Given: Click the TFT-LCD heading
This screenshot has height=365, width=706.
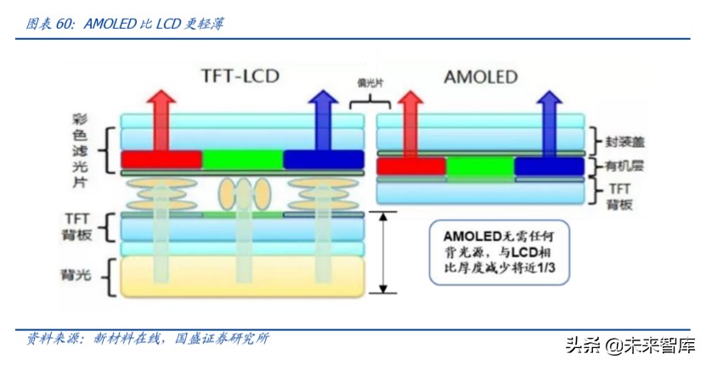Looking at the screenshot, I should click(240, 76).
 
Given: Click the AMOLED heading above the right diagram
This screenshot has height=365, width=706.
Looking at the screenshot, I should click(480, 77).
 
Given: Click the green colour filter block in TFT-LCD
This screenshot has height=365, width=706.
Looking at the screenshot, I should click(242, 160).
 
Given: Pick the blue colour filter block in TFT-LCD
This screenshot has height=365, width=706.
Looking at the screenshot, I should click(324, 160).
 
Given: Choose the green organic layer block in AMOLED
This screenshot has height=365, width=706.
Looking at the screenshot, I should click(480, 166).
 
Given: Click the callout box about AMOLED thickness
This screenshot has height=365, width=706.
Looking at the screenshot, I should click(500, 251).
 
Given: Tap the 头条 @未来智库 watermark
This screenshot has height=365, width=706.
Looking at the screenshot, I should click(629, 345).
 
